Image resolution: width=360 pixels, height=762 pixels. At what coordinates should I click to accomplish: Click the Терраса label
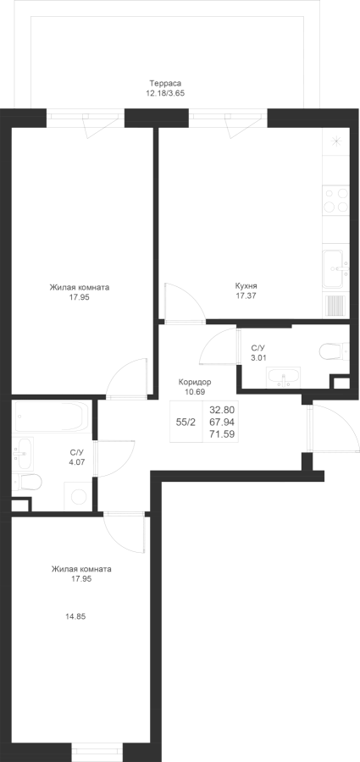click(x=162, y=83)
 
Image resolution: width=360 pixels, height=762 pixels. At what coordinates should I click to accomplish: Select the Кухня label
click(x=246, y=286)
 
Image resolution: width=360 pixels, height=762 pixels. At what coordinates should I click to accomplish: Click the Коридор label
click(x=195, y=382)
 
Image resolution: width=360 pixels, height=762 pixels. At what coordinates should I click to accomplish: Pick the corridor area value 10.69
click(x=195, y=391)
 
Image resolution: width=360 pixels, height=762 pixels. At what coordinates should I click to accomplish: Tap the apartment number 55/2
click(x=186, y=422)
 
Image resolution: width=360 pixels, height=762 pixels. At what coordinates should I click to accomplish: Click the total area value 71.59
click(x=222, y=434)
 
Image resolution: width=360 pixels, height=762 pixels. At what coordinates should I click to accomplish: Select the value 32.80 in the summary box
click(x=222, y=410)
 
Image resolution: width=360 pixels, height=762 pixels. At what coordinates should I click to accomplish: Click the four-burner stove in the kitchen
click(x=336, y=200)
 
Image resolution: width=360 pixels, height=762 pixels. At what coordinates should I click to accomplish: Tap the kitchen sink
click(x=336, y=268)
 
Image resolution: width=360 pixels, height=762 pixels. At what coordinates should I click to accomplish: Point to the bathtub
click(x=53, y=417)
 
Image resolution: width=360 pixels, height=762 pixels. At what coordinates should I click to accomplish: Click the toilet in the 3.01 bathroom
click(x=334, y=350)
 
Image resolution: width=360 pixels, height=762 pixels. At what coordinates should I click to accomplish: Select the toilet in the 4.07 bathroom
click(x=27, y=482)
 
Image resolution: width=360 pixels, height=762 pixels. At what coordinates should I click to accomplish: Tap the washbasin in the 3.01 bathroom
click(x=283, y=377)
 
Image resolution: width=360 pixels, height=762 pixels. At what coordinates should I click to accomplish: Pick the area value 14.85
click(x=75, y=616)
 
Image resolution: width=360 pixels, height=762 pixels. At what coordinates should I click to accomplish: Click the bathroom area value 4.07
click(x=77, y=461)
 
